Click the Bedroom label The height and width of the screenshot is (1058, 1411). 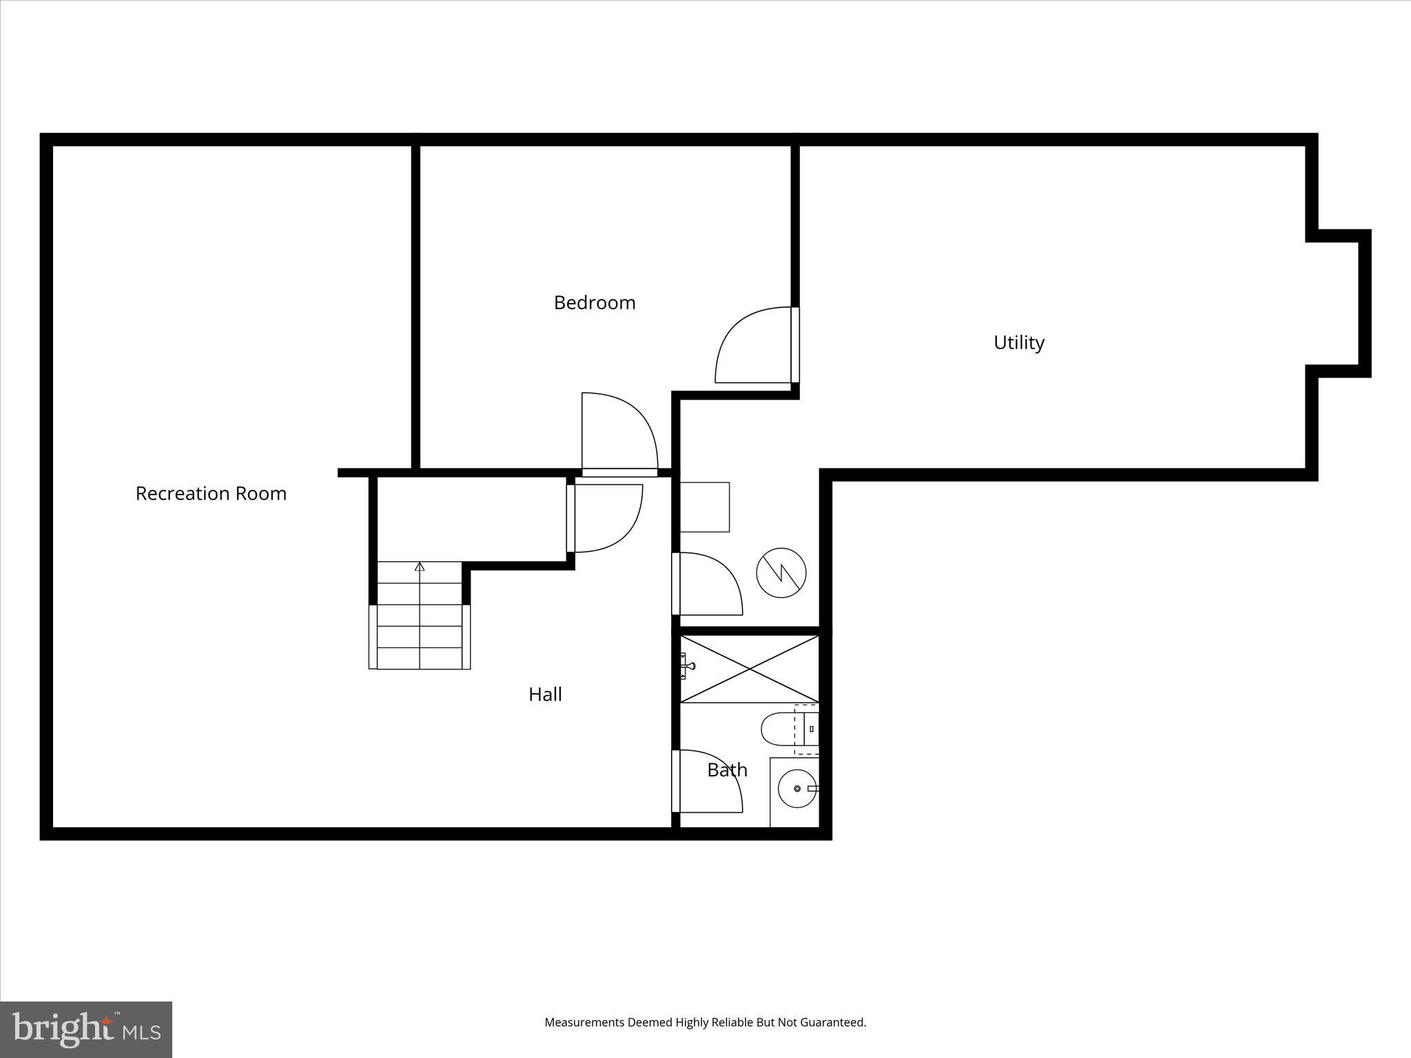[595, 303]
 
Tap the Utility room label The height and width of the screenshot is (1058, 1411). [1018, 342]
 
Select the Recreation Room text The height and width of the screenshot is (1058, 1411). [211, 494]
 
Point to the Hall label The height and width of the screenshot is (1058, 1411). [545, 694]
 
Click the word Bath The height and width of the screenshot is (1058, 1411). [727, 769]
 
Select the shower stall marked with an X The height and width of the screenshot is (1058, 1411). [750, 669]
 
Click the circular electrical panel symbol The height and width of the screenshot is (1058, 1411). [781, 572]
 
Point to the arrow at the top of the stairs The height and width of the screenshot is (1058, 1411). [420, 567]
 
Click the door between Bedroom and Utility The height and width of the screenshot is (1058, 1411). [754, 346]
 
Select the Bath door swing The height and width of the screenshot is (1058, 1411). [708, 782]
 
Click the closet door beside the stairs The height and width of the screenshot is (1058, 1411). [606, 518]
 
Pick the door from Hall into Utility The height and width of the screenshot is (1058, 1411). [708, 584]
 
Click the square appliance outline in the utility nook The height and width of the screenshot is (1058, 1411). [705, 507]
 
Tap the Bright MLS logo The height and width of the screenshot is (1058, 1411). [86, 1029]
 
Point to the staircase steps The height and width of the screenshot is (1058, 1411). [420, 625]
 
